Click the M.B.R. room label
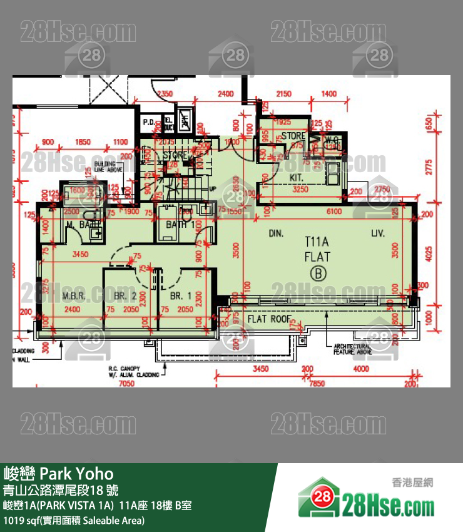[73, 295]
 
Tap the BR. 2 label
[125, 295]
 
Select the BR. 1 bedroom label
[181, 295]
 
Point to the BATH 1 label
[180, 225]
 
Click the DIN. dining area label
[276, 233]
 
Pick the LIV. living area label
[377, 233]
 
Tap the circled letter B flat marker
[318, 273]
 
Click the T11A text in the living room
[317, 241]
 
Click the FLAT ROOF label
[270, 319]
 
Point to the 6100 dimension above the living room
[333, 212]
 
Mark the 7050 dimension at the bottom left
[127, 383]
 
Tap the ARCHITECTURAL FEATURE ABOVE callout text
[353, 349]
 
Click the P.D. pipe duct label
[149, 122]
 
